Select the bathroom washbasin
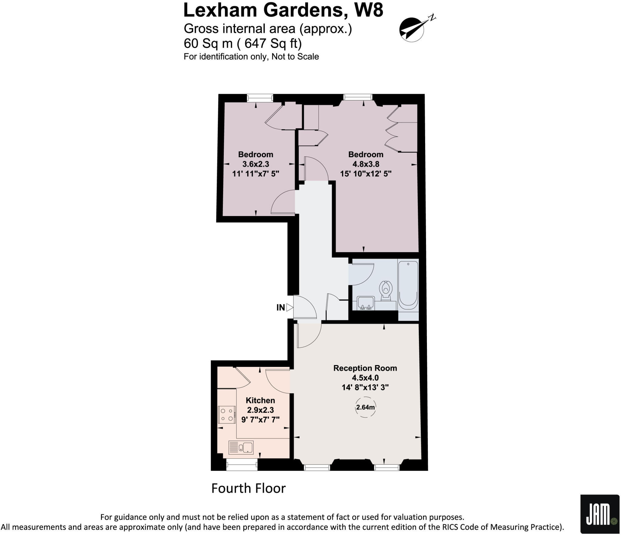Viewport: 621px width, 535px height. [x=365, y=303]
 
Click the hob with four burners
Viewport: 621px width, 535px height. [x=227, y=415]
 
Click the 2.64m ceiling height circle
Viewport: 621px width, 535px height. [x=365, y=407]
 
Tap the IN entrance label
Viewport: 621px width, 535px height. [x=280, y=308]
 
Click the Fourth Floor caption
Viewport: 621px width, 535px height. [x=248, y=488]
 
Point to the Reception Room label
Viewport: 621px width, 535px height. [x=365, y=368]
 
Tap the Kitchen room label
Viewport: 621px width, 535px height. [x=260, y=400]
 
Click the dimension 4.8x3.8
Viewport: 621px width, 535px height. [x=366, y=164]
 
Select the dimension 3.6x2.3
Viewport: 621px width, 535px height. [x=256, y=164]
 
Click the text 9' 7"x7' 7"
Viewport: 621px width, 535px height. [x=260, y=420]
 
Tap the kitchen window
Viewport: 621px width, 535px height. [x=242, y=464]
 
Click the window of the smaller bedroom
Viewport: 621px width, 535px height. [x=260, y=98]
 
